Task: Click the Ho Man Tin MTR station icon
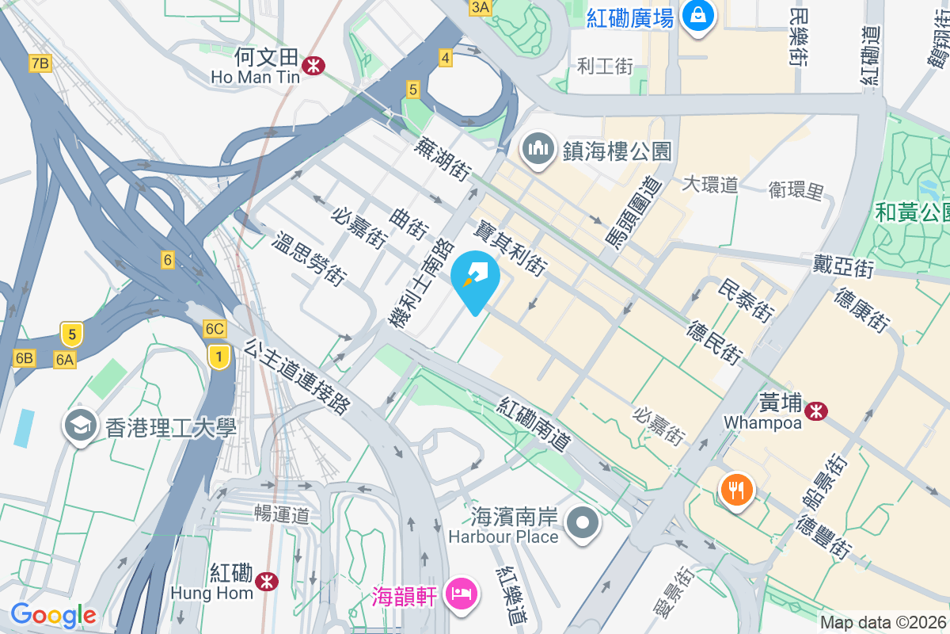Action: pos(314,63)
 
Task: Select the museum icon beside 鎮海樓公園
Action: pos(538,150)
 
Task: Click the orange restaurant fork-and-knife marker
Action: pos(736,490)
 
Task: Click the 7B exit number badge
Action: pos(40,63)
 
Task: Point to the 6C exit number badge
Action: pos(215,329)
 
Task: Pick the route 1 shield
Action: pos(218,357)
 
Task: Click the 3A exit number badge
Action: pos(481,8)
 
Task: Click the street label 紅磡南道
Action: pos(534,426)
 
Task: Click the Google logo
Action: pos(53,615)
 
